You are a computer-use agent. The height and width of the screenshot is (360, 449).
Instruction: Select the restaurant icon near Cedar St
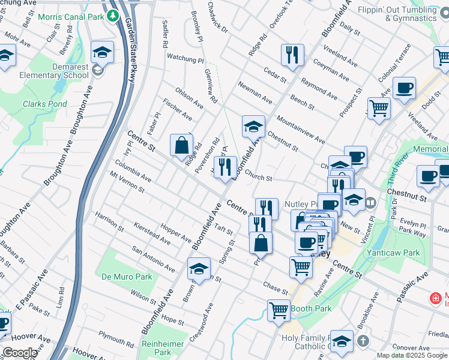pyautogui.click(x=292, y=55)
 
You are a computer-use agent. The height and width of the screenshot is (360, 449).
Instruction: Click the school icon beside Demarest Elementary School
pyautogui.click(x=103, y=52)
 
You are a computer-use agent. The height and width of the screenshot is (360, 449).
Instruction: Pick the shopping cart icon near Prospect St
pyautogui.click(x=379, y=109)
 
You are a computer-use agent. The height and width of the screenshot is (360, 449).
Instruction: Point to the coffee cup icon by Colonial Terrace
pyautogui.click(x=404, y=88)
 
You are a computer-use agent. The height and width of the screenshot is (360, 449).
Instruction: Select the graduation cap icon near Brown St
pyautogui.click(x=199, y=269)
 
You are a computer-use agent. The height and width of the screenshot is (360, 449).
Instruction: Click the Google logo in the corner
pyautogui.click(x=20, y=353)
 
